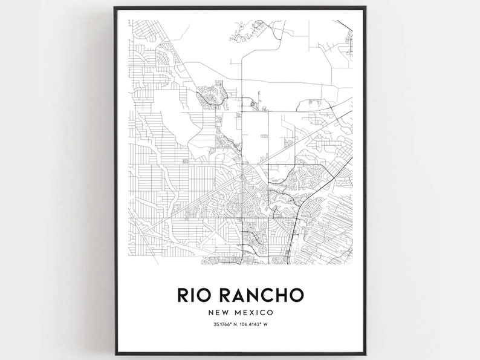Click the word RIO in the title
[x=196, y=295]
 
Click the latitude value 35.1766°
[x=221, y=327]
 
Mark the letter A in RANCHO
[x=239, y=295]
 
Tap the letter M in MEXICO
[x=241, y=313]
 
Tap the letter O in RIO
[x=208, y=295]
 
